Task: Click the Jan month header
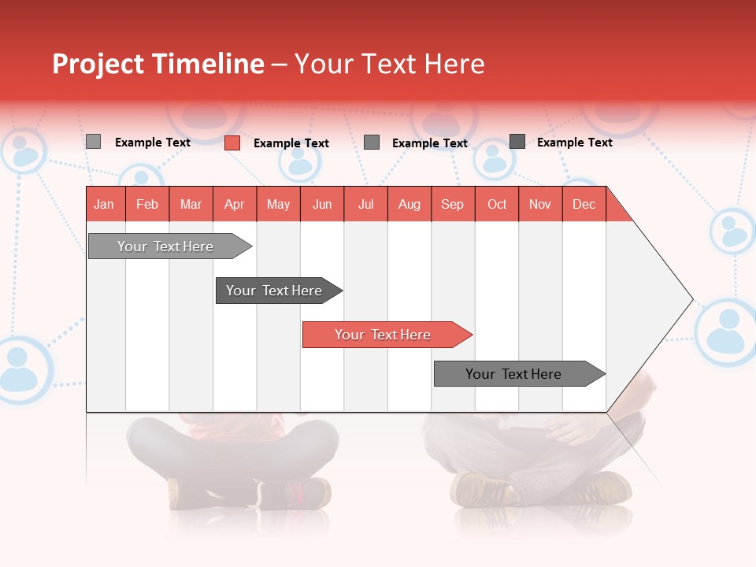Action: [105, 204]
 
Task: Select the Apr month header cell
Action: [235, 204]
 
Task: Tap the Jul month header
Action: [365, 204]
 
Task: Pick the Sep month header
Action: [452, 204]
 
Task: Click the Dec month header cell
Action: [584, 204]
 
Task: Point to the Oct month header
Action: [497, 204]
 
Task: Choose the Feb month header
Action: [147, 204]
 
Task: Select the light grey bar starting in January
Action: [166, 246]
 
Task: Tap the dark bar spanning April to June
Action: [275, 291]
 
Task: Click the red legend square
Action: [232, 143]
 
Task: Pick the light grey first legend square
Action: [93, 142]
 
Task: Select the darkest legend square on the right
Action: [517, 142]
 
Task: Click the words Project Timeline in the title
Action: [157, 64]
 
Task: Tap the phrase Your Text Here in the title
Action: [389, 64]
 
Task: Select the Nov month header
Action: [540, 204]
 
